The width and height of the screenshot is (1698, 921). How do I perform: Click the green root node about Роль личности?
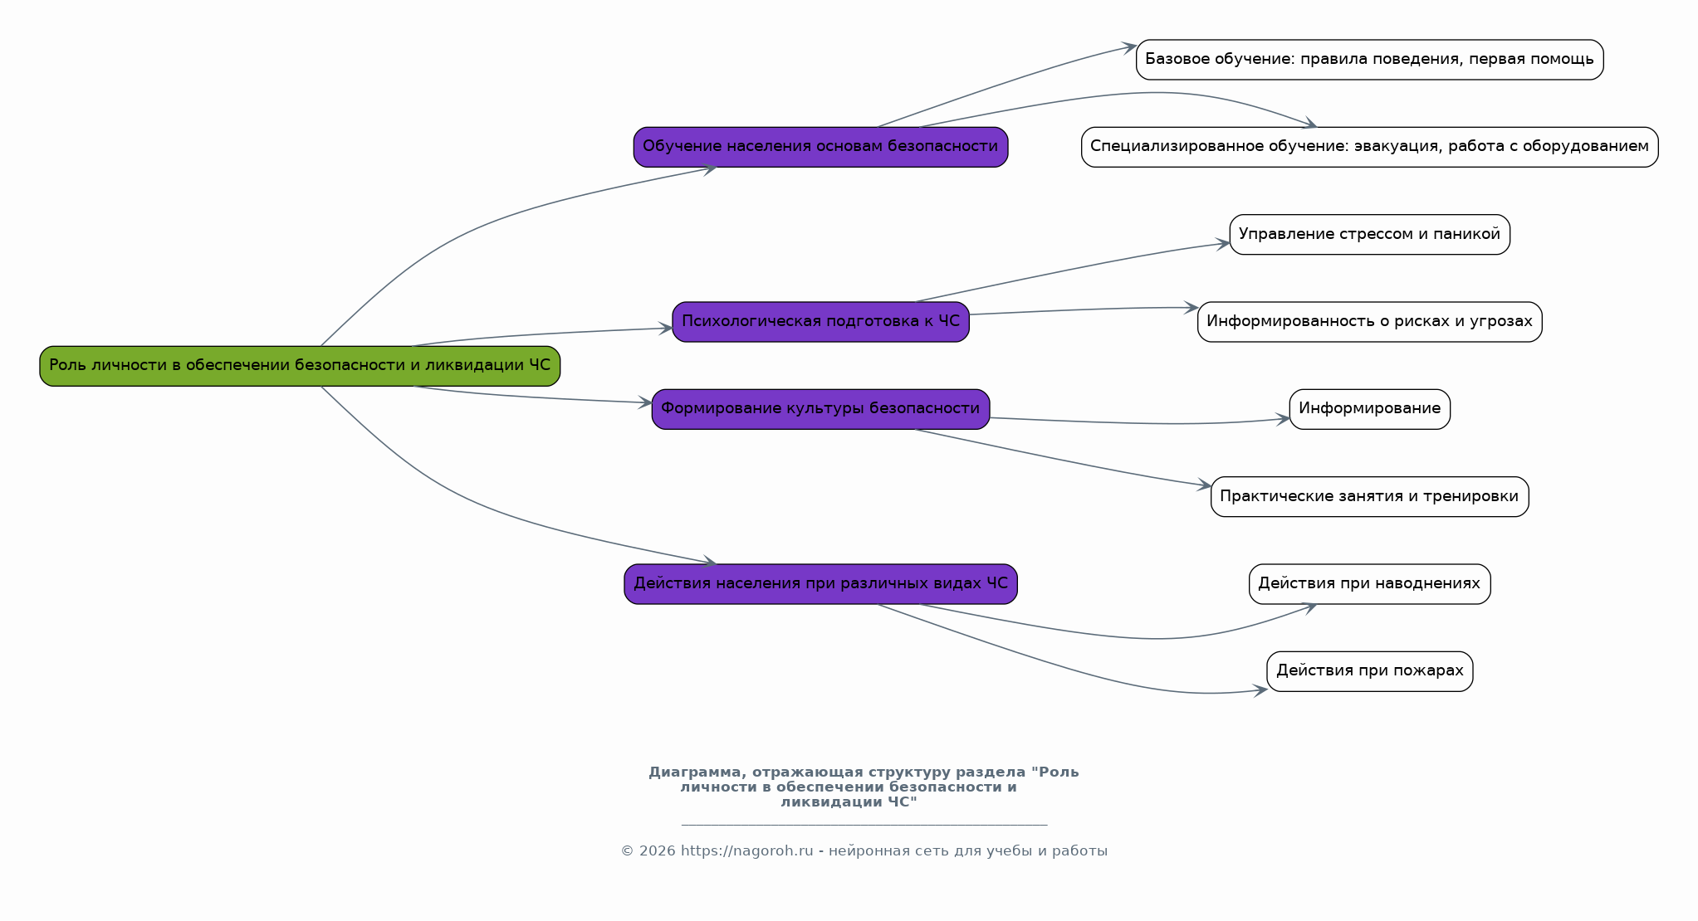300,366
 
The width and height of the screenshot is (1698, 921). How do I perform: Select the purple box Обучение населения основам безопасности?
820,147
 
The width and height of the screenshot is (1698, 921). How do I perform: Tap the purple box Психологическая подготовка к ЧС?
820,322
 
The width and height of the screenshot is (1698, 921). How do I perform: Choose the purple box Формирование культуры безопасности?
820,409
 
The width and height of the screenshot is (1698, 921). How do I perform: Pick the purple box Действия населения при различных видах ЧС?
820,584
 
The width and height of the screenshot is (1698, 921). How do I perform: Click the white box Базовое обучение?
1369,60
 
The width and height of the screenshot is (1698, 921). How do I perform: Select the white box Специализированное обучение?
1369,147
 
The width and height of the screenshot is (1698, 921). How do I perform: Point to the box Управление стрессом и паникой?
1369,235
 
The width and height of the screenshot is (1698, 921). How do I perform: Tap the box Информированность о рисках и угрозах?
1369,322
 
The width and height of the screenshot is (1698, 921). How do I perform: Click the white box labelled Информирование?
1369,409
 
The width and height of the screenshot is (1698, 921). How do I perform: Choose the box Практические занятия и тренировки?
1369,497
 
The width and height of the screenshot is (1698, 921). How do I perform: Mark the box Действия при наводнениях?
1369,584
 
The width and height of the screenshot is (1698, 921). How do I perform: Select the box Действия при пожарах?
1369,671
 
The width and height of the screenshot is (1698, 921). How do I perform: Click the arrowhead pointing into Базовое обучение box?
1129,47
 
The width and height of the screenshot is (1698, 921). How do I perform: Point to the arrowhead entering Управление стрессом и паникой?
1223,244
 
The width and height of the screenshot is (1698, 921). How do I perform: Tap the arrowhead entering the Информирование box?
1283,419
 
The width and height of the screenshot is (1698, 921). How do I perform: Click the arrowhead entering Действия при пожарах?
1260,690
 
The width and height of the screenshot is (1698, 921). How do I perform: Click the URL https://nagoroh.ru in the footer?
746,851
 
